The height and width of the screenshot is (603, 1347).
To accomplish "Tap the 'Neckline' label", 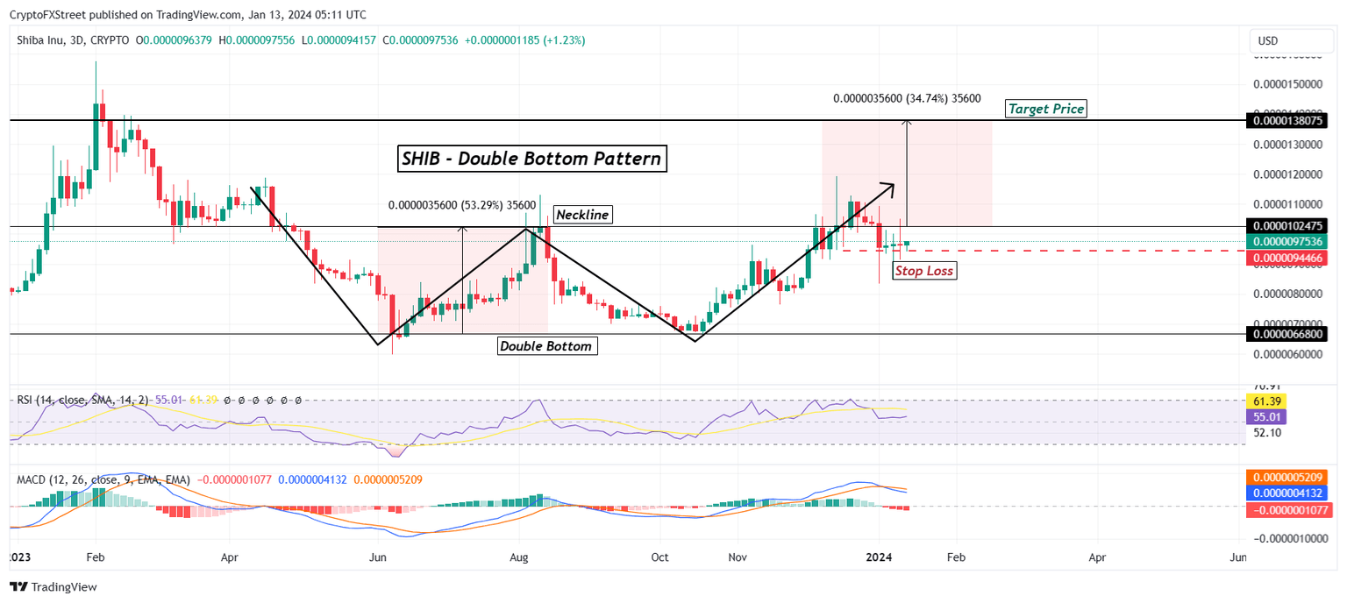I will [582, 214].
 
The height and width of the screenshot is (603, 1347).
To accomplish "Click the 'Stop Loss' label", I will [924, 270].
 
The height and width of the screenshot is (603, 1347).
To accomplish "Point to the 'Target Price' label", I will [1046, 109].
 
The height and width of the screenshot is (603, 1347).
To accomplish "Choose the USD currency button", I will [1268, 40].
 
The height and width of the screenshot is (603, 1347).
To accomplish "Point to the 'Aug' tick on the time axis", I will [518, 557].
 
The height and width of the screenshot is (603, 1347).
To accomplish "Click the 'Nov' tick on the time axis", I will [738, 557].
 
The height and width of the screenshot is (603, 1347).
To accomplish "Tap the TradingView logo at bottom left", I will [53, 586].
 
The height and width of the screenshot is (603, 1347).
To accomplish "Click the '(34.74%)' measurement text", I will [930, 99].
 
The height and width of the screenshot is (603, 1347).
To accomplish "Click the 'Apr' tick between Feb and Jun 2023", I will [229, 557].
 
